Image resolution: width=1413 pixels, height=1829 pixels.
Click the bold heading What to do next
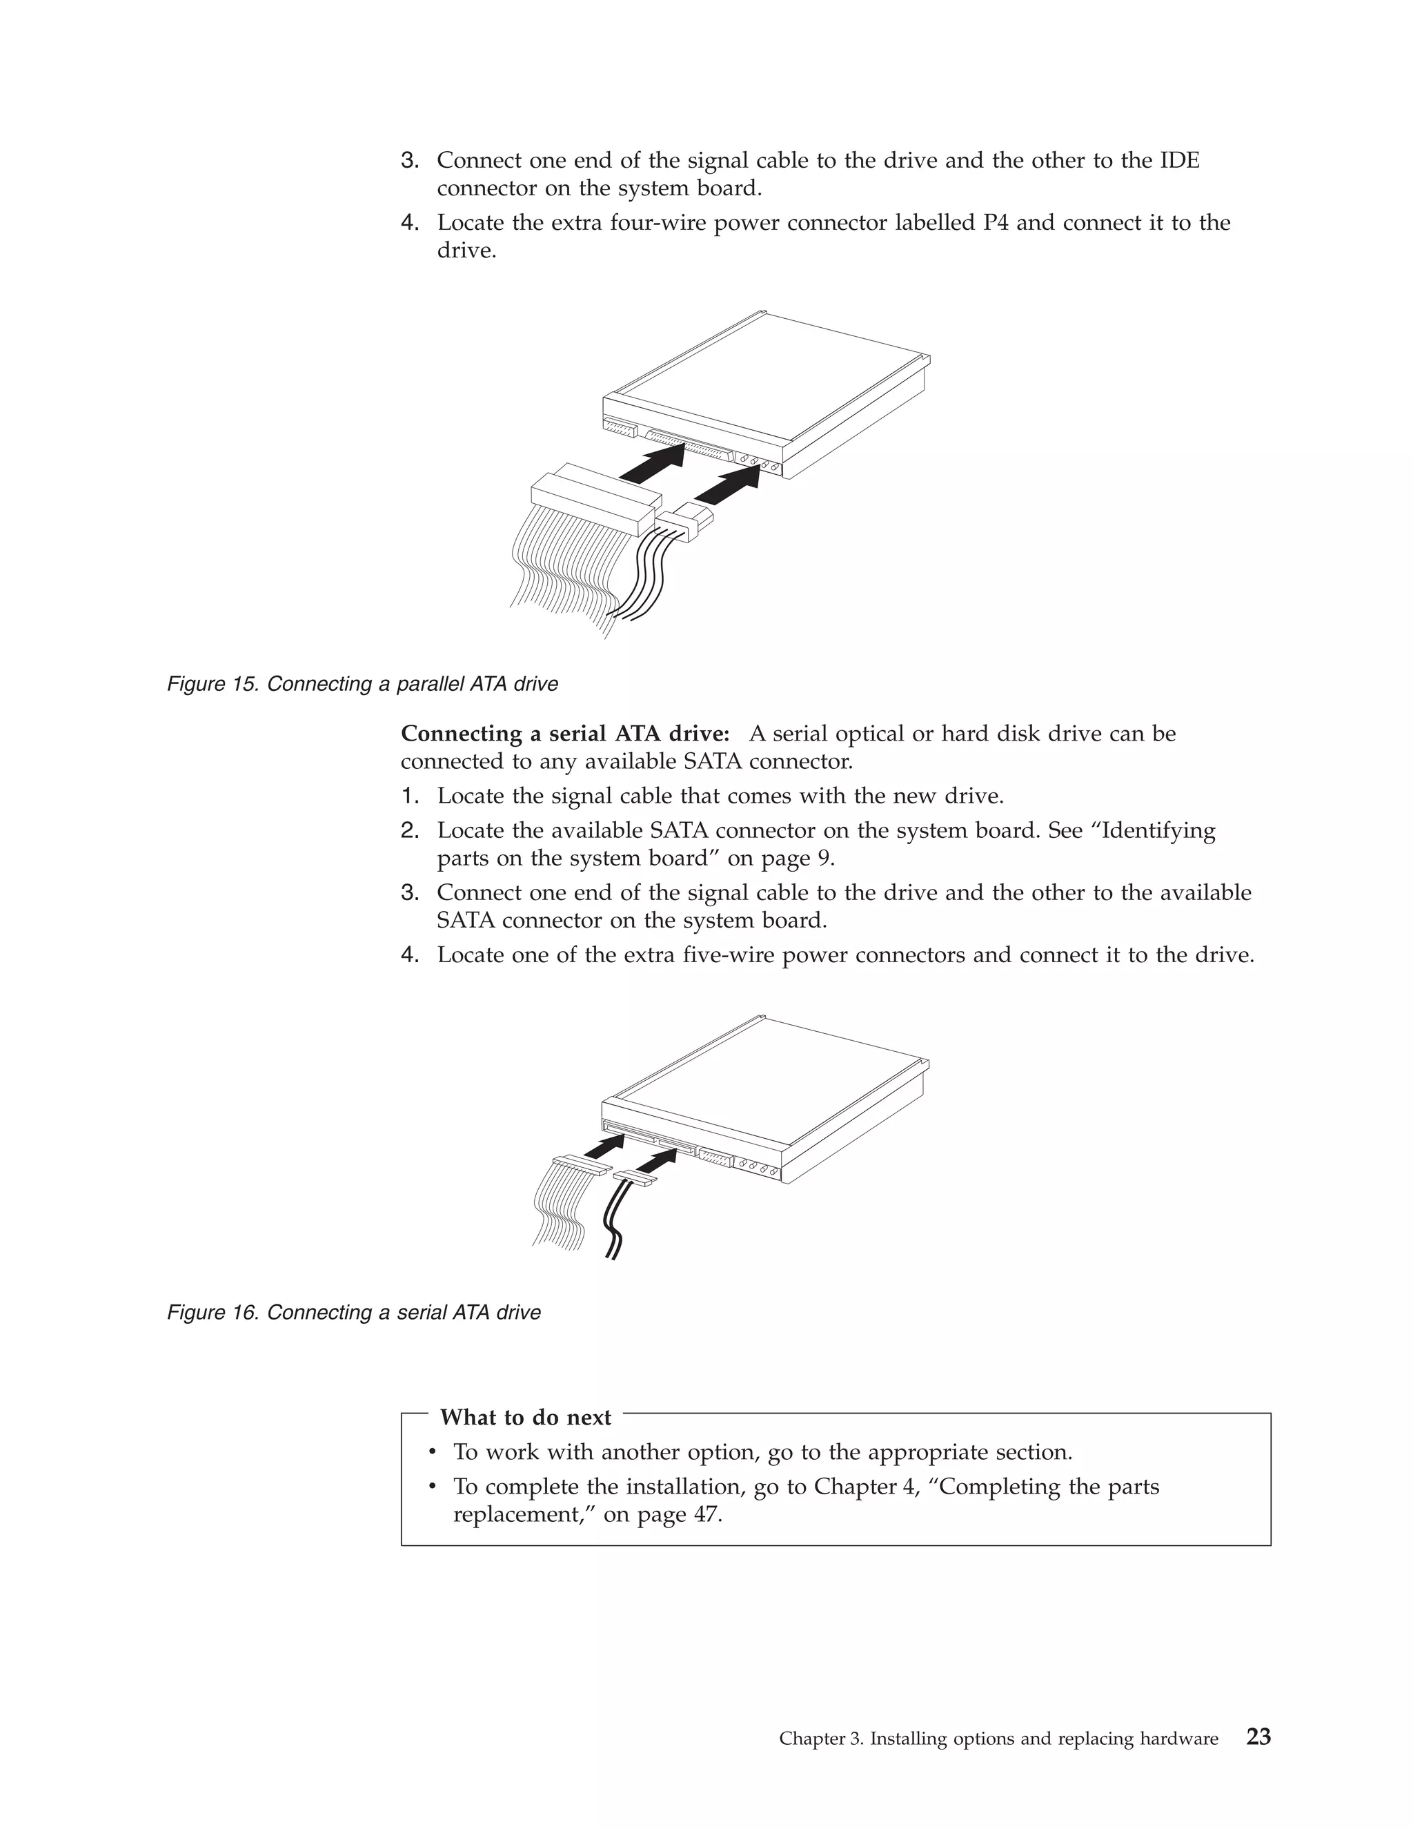point(526,1417)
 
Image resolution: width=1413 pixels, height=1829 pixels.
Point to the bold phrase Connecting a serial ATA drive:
point(565,734)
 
